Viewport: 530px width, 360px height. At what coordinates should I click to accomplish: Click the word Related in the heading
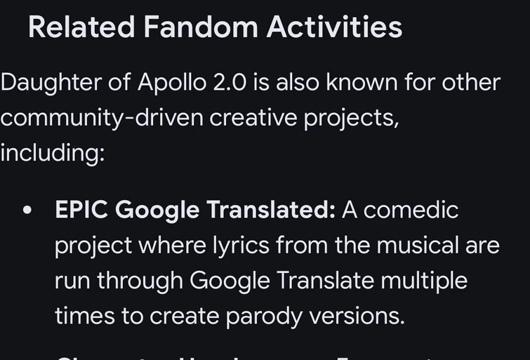pyautogui.click(x=81, y=27)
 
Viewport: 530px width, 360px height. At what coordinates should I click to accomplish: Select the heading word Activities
pyautogui.click(x=334, y=27)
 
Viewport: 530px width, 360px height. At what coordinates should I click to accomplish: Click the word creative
pyautogui.click(x=253, y=118)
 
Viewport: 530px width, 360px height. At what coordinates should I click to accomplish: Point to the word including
pyautogui.click(x=51, y=153)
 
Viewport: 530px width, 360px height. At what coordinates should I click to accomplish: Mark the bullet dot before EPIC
pyautogui.click(x=28, y=210)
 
